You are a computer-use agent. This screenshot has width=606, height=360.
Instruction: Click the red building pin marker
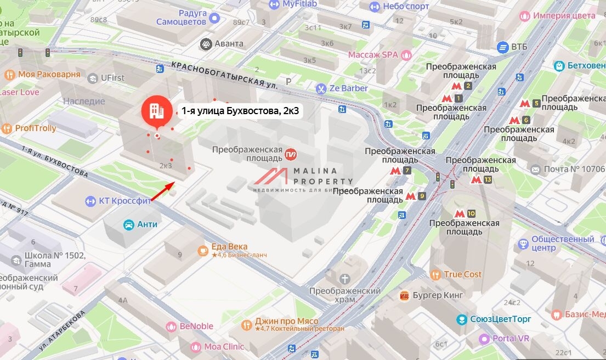tap(157, 111)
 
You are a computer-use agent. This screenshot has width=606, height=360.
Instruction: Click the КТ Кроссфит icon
tap(90, 201)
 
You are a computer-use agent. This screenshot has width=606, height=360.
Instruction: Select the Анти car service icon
tap(128, 224)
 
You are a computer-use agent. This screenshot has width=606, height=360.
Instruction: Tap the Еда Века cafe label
tap(229, 246)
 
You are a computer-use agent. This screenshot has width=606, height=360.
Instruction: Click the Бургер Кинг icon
tap(405, 295)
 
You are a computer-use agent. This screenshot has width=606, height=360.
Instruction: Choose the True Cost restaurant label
tap(462, 274)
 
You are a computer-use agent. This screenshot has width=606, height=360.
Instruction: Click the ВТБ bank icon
tap(502, 47)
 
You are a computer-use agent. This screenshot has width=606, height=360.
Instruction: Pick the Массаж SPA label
tap(373, 55)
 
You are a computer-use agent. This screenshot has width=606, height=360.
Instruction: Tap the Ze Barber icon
tap(320, 88)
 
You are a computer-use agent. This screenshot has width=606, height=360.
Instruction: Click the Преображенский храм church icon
tap(345, 279)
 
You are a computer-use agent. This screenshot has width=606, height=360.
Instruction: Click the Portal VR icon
tap(484, 339)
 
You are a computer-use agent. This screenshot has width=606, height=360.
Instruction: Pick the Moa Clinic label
tap(224, 346)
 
